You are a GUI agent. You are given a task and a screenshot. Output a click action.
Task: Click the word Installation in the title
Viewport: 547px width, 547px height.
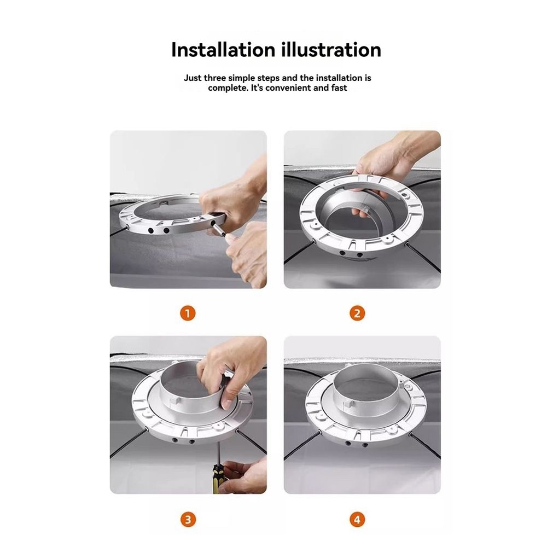pyautogui.click(x=219, y=50)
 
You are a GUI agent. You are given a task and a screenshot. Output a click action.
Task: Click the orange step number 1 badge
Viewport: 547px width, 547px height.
pyautogui.click(x=188, y=313)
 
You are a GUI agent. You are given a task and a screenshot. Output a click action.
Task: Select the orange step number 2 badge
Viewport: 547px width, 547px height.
pyautogui.click(x=357, y=313)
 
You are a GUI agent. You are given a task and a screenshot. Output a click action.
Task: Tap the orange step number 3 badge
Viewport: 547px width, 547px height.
pyautogui.click(x=188, y=519)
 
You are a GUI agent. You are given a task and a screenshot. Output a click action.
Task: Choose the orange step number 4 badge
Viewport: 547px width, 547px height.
pyautogui.click(x=357, y=519)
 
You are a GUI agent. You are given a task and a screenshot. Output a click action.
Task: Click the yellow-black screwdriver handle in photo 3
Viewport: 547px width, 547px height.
pyautogui.click(x=218, y=479)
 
